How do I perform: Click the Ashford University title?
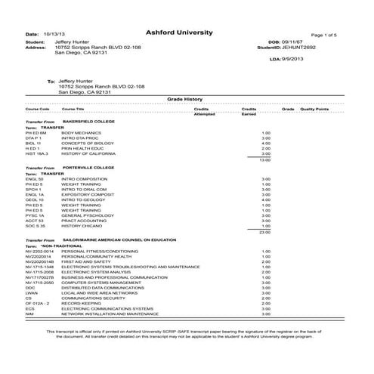[185, 33]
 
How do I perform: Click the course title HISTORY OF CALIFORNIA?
[87, 153]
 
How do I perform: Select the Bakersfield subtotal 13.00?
[264, 159]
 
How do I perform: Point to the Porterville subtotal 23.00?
[264, 232]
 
